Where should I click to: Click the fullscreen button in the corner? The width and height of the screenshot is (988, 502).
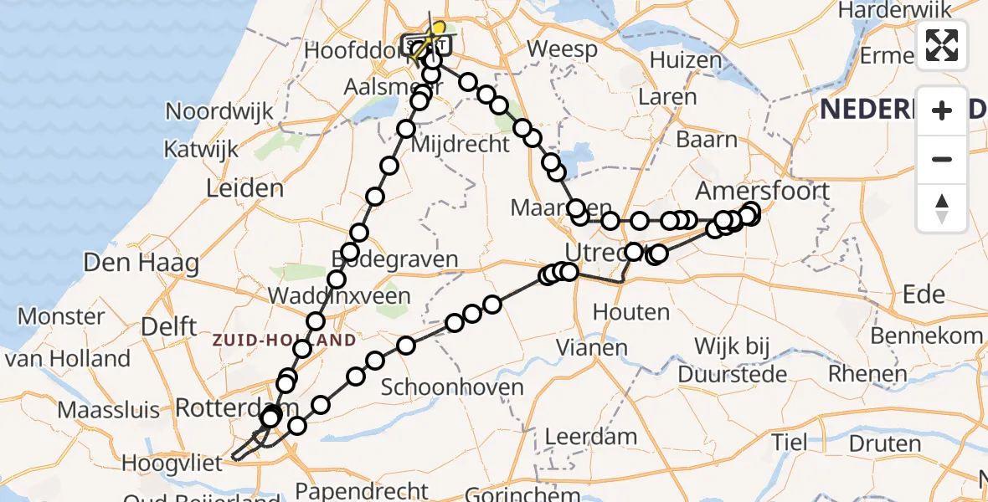[x=942, y=45]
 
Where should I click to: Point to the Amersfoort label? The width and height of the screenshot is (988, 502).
[x=763, y=192]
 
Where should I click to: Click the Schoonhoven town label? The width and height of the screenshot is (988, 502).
[x=452, y=387]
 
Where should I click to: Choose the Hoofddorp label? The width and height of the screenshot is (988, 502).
[x=352, y=50]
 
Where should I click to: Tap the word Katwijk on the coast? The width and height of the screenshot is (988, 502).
[x=201, y=150]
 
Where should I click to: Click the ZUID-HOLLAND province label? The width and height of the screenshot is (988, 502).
[x=284, y=341]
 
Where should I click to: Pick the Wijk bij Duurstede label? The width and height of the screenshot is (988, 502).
[x=733, y=360]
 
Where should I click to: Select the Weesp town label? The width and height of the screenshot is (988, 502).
[x=563, y=49]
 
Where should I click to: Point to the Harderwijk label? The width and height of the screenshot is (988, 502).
[x=895, y=10]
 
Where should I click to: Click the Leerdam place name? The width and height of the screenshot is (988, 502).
[x=590, y=436]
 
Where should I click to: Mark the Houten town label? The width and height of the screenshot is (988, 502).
[x=631, y=313]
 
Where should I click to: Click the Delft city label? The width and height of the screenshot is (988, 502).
[x=169, y=326]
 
